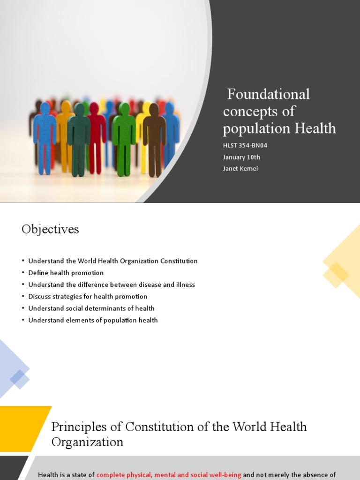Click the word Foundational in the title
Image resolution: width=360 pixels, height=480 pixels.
tap(268, 94)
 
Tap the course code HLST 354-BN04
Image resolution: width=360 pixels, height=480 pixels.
tap(245, 145)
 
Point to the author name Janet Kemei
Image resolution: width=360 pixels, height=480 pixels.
tap(240, 169)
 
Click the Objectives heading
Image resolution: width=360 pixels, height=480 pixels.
tap(50, 229)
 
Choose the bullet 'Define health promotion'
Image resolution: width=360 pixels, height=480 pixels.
tap(66, 273)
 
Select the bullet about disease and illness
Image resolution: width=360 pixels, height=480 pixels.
tap(111, 285)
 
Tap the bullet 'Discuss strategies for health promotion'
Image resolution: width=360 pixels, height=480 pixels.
tap(88, 297)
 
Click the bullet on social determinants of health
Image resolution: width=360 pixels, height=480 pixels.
tap(91, 308)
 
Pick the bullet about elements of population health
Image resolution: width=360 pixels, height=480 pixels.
tap(93, 320)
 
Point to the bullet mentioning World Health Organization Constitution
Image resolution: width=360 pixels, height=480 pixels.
tap(112, 261)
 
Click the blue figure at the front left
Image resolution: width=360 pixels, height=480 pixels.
tap(45, 136)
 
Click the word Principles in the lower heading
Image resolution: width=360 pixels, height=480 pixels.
tap(75, 427)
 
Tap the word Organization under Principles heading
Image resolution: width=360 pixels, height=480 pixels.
tap(87, 442)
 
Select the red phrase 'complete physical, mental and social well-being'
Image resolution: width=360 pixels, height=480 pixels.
tap(169, 475)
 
